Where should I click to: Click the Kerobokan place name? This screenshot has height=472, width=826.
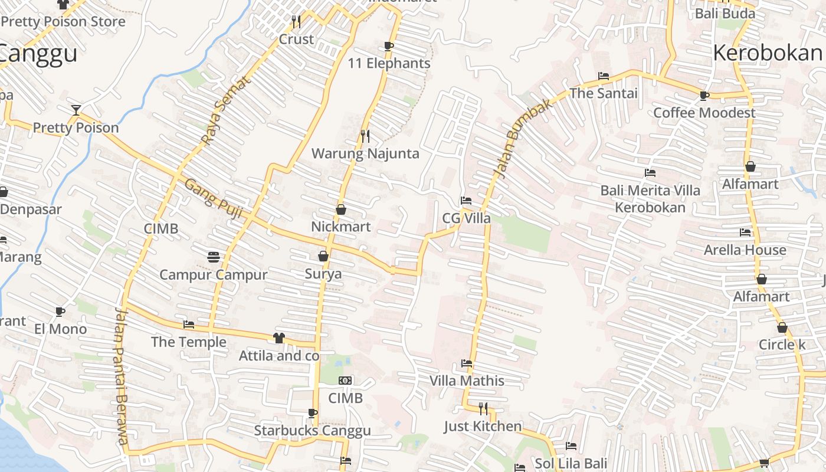point(767,53)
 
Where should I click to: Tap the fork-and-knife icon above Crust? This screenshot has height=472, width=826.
point(296,22)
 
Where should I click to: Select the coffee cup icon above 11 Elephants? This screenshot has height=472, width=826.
point(388,46)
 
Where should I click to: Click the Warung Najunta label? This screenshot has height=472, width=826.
point(365,154)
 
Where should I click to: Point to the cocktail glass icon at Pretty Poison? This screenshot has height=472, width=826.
point(76,110)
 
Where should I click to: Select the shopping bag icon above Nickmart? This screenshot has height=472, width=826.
point(341,209)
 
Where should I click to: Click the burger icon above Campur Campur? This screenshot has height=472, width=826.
point(214,257)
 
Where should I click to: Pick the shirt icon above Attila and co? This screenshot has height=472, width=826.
point(279,338)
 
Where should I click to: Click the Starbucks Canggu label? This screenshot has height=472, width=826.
point(312,431)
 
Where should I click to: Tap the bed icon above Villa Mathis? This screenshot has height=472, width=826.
point(467,363)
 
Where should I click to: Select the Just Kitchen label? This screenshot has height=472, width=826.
point(483,426)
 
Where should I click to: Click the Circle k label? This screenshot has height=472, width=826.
point(782,345)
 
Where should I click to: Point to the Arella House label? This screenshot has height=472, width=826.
point(745,250)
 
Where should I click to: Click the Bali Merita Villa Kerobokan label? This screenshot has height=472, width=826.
point(650,199)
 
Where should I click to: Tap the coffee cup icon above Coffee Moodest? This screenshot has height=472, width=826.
point(704,95)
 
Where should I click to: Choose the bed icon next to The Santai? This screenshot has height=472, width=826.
point(603,76)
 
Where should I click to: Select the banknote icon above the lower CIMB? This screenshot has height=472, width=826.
point(346,381)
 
